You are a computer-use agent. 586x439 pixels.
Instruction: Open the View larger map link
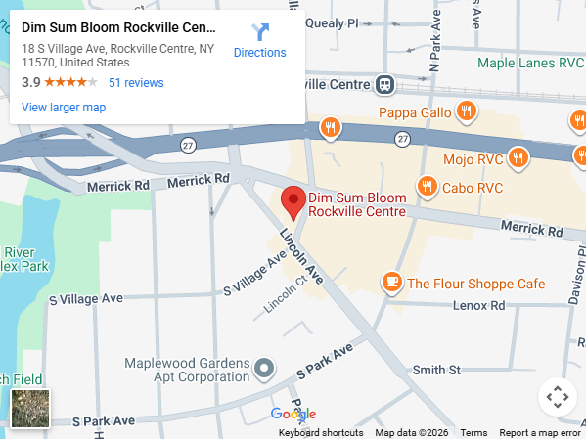[x=64, y=108]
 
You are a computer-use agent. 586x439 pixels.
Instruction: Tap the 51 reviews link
[x=136, y=83]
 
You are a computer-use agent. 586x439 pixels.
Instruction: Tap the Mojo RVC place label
[x=473, y=158]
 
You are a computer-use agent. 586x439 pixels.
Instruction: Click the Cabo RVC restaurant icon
[x=427, y=186]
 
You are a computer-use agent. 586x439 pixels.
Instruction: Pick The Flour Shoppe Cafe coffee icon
[x=392, y=283]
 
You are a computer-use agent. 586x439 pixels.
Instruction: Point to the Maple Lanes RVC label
[x=530, y=64]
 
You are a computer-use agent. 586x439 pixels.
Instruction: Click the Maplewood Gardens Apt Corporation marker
[x=263, y=369]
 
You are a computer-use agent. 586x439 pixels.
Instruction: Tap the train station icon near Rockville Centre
[x=386, y=85]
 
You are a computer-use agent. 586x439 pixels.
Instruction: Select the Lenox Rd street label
[x=479, y=306]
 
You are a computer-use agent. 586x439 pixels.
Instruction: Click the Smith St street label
[x=436, y=370]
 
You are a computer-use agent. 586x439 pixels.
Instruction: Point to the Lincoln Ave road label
[x=300, y=257]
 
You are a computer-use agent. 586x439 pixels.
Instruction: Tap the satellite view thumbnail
[x=30, y=409]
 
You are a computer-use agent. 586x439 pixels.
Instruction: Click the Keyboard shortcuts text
[x=321, y=433]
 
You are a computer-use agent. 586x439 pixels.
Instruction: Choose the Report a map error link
[x=540, y=433]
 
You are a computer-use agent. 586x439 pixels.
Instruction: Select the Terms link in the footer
[x=473, y=433]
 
